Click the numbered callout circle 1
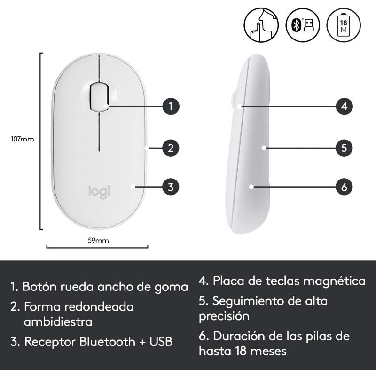(x=171, y=106)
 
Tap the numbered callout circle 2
(x=171, y=148)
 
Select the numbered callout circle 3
(x=171, y=187)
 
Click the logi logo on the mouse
(x=99, y=191)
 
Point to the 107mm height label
(x=22, y=139)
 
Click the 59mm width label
(x=98, y=240)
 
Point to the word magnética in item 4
(x=334, y=281)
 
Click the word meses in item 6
(x=266, y=351)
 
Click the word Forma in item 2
(x=40, y=306)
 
